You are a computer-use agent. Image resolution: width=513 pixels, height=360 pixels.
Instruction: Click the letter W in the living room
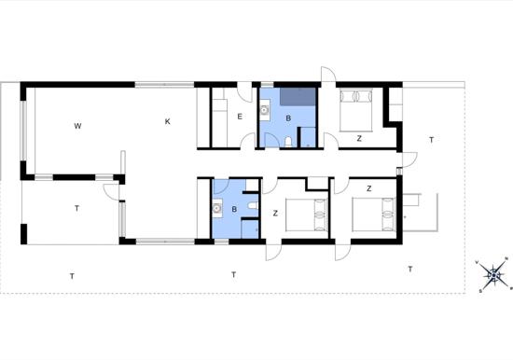click(78, 124)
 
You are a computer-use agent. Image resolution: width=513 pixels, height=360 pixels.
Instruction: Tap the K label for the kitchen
click(168, 121)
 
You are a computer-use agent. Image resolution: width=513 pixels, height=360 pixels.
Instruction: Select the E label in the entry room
click(239, 117)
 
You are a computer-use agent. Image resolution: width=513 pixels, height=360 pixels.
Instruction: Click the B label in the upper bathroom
click(288, 118)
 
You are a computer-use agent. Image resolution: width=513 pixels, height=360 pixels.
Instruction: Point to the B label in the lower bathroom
click(234, 210)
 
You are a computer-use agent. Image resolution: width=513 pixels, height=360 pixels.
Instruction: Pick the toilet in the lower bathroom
click(253, 206)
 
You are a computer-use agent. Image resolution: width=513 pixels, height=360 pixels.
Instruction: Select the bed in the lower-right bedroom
click(376, 216)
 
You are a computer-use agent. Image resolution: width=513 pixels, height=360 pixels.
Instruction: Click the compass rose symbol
click(494, 274)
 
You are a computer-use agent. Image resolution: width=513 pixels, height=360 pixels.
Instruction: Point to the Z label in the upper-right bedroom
click(358, 138)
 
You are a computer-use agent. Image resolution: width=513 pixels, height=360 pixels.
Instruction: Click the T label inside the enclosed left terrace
click(76, 209)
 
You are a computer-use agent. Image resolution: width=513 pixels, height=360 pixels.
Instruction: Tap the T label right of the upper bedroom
click(431, 140)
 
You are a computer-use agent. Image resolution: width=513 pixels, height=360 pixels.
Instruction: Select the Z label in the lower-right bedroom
click(369, 188)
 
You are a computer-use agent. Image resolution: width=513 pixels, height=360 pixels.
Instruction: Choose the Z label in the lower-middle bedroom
click(275, 214)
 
